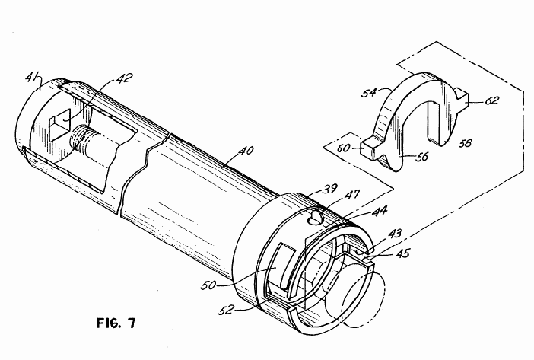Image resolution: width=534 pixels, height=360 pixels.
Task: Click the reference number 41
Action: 33,78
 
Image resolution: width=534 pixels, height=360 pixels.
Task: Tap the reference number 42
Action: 124,78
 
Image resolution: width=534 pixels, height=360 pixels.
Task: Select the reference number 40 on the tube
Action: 246,150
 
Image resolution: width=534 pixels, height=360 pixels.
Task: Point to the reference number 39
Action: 329,188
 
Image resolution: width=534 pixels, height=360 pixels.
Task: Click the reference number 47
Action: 351,195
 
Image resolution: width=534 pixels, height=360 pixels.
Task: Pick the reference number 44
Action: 379,211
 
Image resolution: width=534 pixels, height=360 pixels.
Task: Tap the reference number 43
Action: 394,234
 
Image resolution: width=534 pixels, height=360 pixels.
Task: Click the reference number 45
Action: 402,253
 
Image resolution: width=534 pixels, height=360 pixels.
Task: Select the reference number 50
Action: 208,285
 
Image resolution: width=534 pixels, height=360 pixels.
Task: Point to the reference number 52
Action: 227,310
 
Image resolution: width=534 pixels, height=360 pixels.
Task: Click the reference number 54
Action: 369,93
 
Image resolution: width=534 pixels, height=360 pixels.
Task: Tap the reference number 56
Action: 421,157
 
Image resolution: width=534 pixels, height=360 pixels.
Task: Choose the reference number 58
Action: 466,142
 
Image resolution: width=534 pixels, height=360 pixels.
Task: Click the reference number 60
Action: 343,148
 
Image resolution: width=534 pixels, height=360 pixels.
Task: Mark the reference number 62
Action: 492,100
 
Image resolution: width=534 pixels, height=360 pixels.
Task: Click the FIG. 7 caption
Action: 116,323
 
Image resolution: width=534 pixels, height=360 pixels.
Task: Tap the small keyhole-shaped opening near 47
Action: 316,218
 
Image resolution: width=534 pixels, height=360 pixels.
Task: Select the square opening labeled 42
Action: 59,125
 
